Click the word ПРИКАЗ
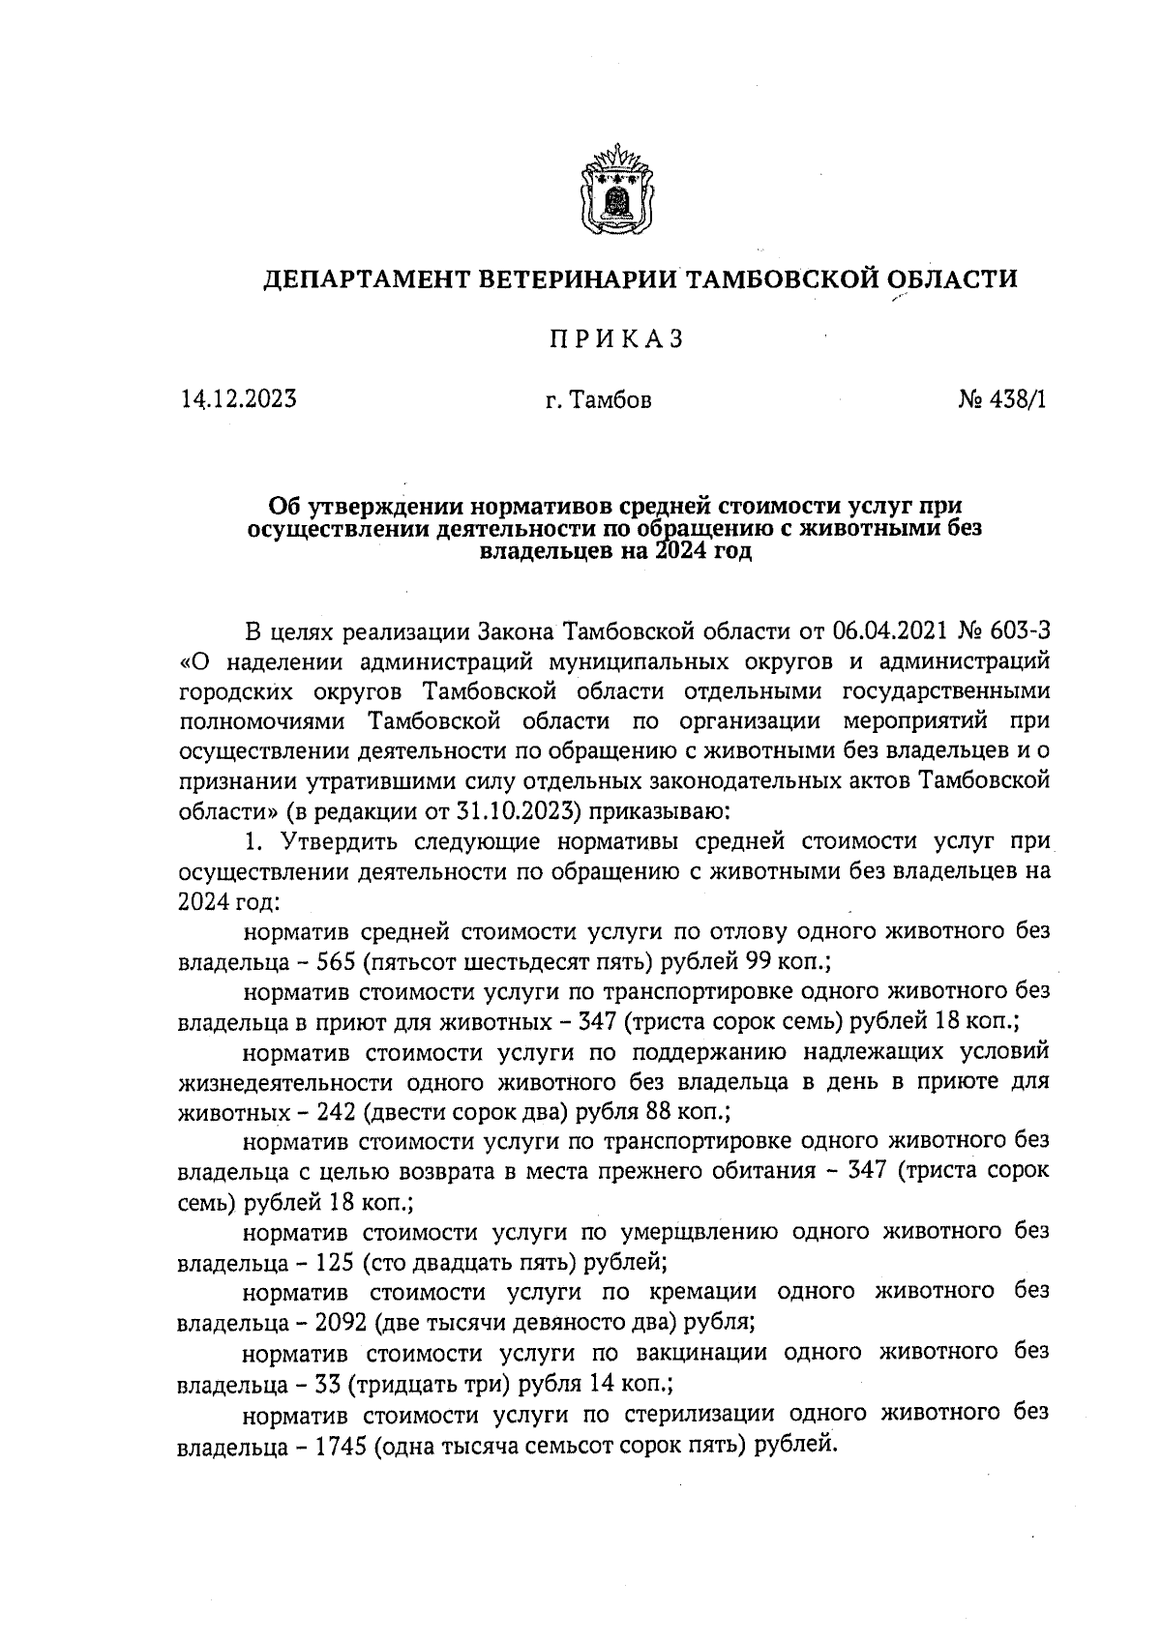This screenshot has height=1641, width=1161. [616, 339]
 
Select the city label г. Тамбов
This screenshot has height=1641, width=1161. [598, 399]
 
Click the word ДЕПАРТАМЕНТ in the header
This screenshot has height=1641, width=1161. [372, 280]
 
